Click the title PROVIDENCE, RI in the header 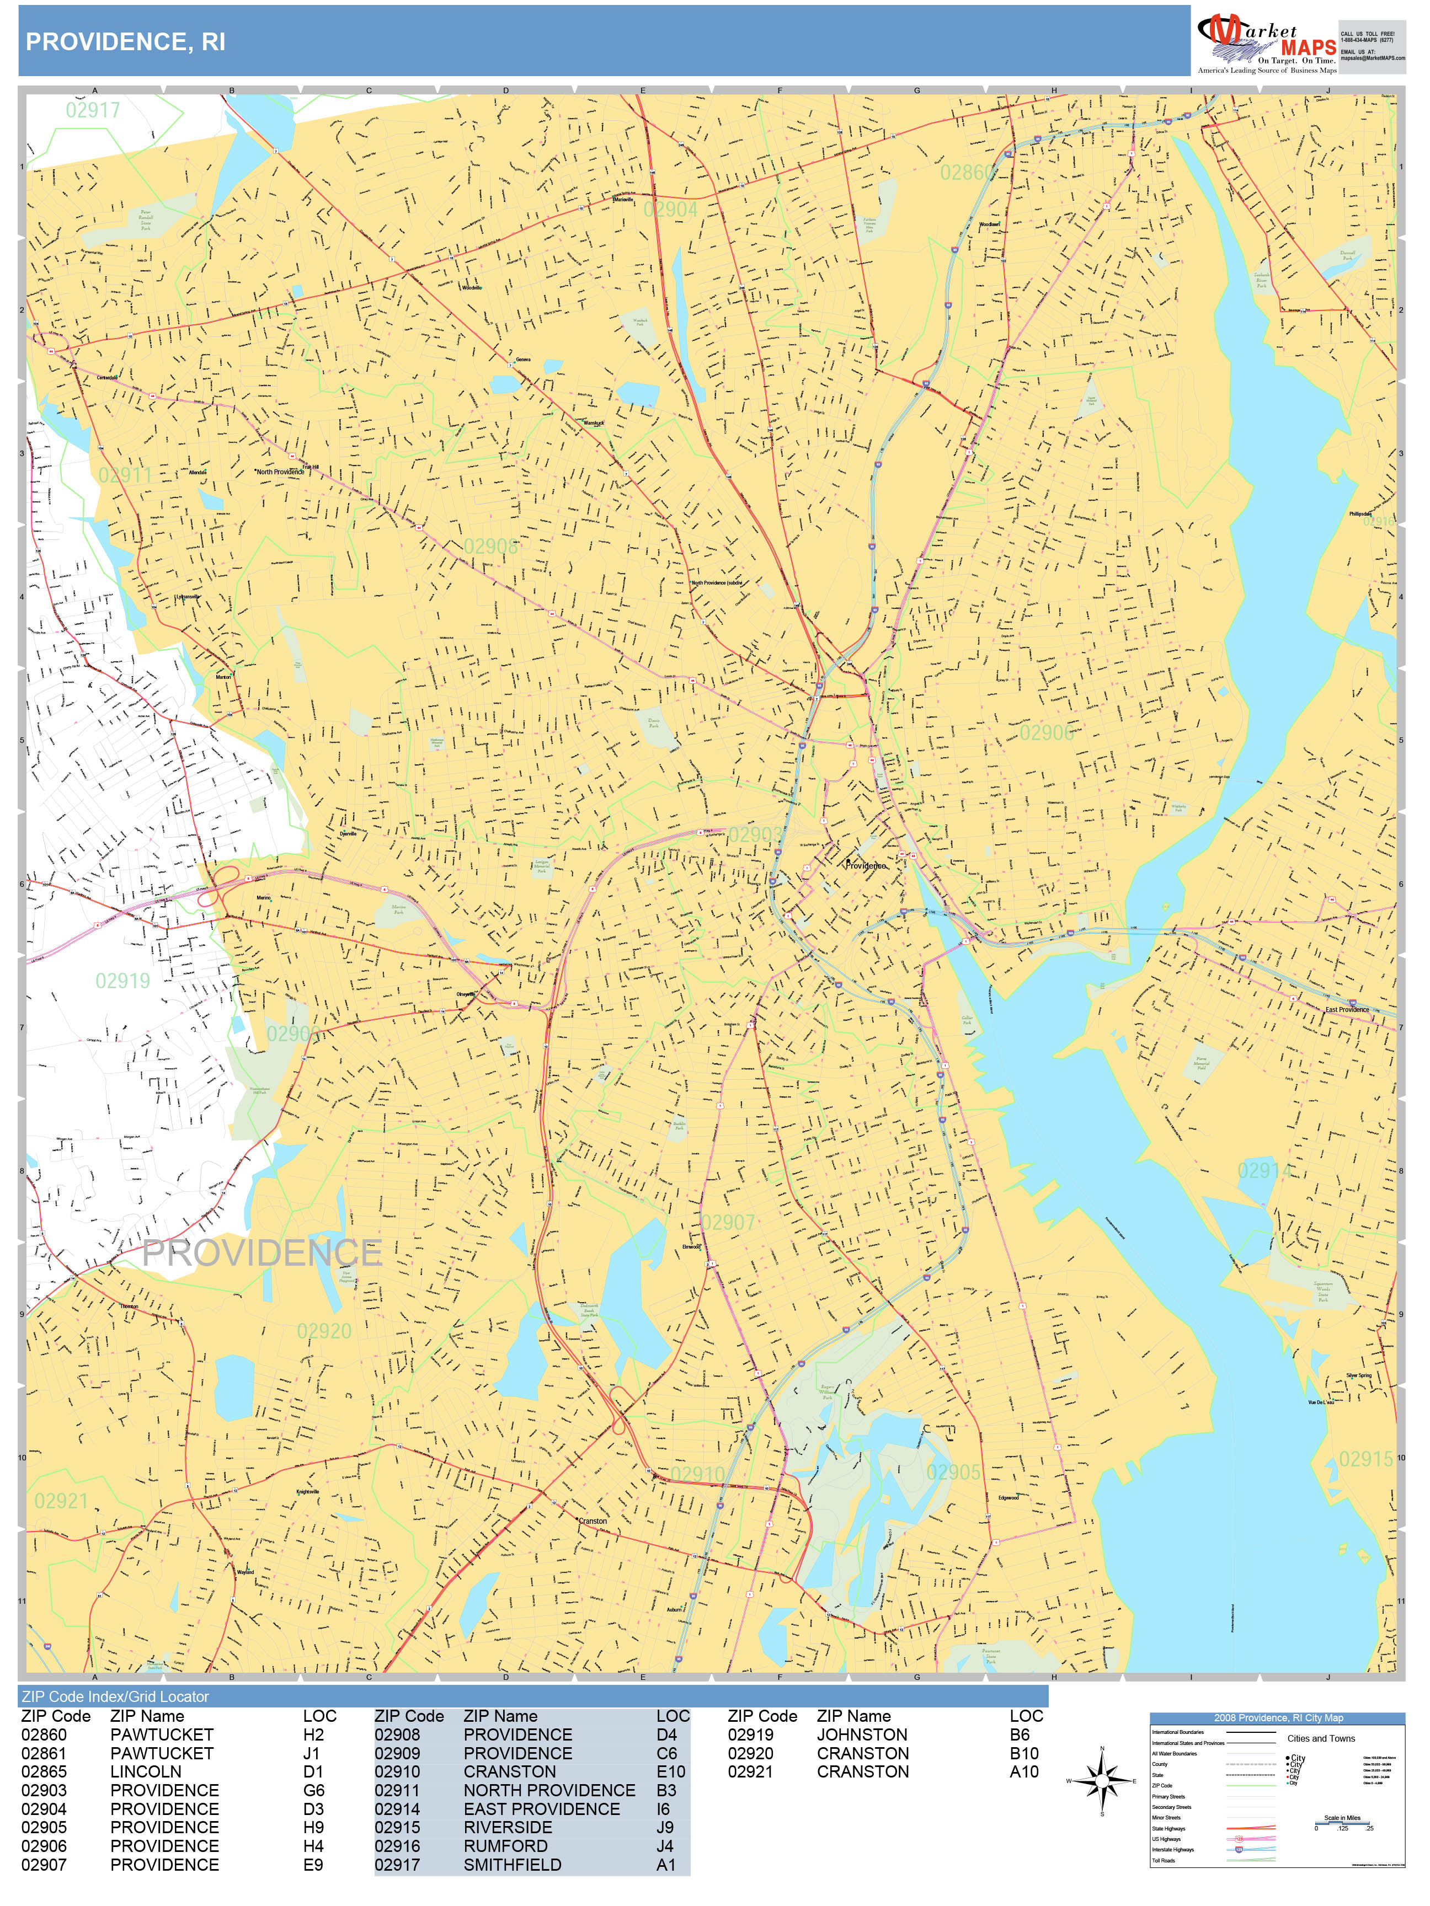(x=125, y=42)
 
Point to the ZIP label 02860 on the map (x=966, y=173)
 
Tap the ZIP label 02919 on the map (x=122, y=981)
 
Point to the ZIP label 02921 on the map (x=61, y=1502)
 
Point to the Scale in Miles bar (x=1342, y=1820)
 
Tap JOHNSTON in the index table (x=862, y=1734)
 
